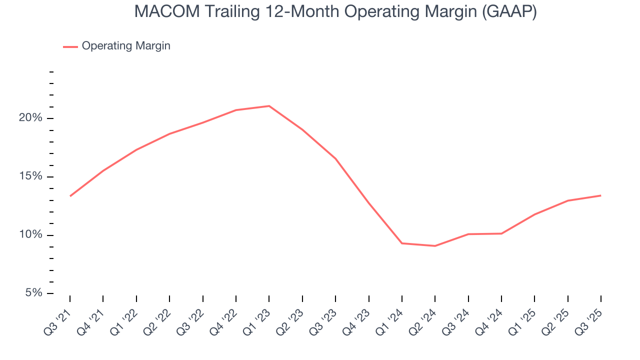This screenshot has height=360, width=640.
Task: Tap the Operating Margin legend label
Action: pyautogui.click(x=126, y=46)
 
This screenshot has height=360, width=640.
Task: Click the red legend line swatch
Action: pyautogui.click(x=70, y=46)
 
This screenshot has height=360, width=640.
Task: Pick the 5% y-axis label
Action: pyautogui.click(x=33, y=293)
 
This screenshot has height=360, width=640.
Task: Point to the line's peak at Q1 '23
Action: pyautogui.click(x=269, y=106)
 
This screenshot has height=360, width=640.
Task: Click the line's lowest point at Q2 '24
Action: pyautogui.click(x=435, y=246)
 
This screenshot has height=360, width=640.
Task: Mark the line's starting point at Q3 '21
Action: pyautogui.click(x=70, y=196)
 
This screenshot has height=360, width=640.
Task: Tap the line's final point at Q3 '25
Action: pyautogui.click(x=600, y=195)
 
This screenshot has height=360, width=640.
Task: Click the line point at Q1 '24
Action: pyautogui.click(x=402, y=243)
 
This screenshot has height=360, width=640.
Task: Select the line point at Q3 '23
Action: pyautogui.click(x=335, y=159)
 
